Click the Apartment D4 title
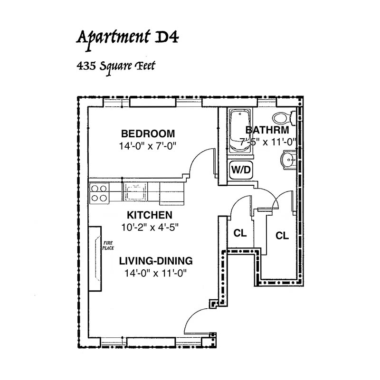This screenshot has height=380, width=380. coord(127,39)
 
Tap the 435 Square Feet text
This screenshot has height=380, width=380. coord(116,66)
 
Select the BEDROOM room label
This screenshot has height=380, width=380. coord(148,134)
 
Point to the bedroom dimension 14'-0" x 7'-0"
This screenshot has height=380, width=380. coord(148,146)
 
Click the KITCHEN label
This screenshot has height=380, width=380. coord(150,215)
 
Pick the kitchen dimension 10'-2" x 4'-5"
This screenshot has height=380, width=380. coord(150,228)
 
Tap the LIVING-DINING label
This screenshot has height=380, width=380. coord(156,261)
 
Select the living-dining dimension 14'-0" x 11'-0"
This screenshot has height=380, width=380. coord(156,274)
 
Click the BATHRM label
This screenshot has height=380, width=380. coord(267,130)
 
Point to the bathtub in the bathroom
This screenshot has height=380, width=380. coord(240,131)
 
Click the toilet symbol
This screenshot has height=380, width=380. coord(284,118)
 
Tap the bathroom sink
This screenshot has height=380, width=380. coord(288,160)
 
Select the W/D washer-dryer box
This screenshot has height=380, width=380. coord(241,170)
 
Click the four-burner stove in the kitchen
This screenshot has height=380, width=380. coord(99,193)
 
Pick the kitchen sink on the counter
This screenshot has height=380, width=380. coord(135,192)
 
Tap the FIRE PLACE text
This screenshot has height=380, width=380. coord(108,246)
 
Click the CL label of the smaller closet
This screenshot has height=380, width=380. coord(240,233)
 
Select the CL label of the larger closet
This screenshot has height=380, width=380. coord(282,236)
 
